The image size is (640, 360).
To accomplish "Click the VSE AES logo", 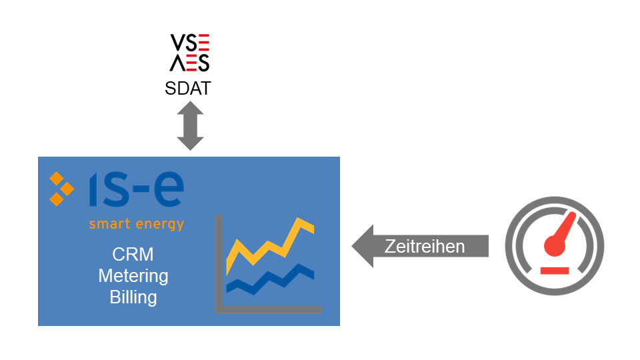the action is (190, 53).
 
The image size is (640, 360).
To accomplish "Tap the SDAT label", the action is (188, 88).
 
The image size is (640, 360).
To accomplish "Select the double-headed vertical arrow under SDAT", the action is (190, 126).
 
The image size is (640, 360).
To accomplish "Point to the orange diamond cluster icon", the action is (61, 189).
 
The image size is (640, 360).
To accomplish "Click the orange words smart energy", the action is (137, 224).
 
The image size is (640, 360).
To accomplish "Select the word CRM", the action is (133, 254).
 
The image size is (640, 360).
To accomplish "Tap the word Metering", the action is (133, 276).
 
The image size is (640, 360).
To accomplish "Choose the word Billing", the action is (133, 297).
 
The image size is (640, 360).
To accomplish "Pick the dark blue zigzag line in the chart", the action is (270, 279).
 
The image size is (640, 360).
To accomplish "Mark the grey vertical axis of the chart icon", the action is (219, 264).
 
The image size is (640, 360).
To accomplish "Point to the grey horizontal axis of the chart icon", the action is (268, 310).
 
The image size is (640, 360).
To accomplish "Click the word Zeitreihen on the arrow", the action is (425, 247).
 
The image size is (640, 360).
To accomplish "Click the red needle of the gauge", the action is (563, 231).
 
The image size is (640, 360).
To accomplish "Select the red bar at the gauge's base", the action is (555, 271).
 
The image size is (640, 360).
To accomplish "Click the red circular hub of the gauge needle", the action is (555, 246).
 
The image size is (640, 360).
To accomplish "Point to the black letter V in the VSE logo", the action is (178, 43).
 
